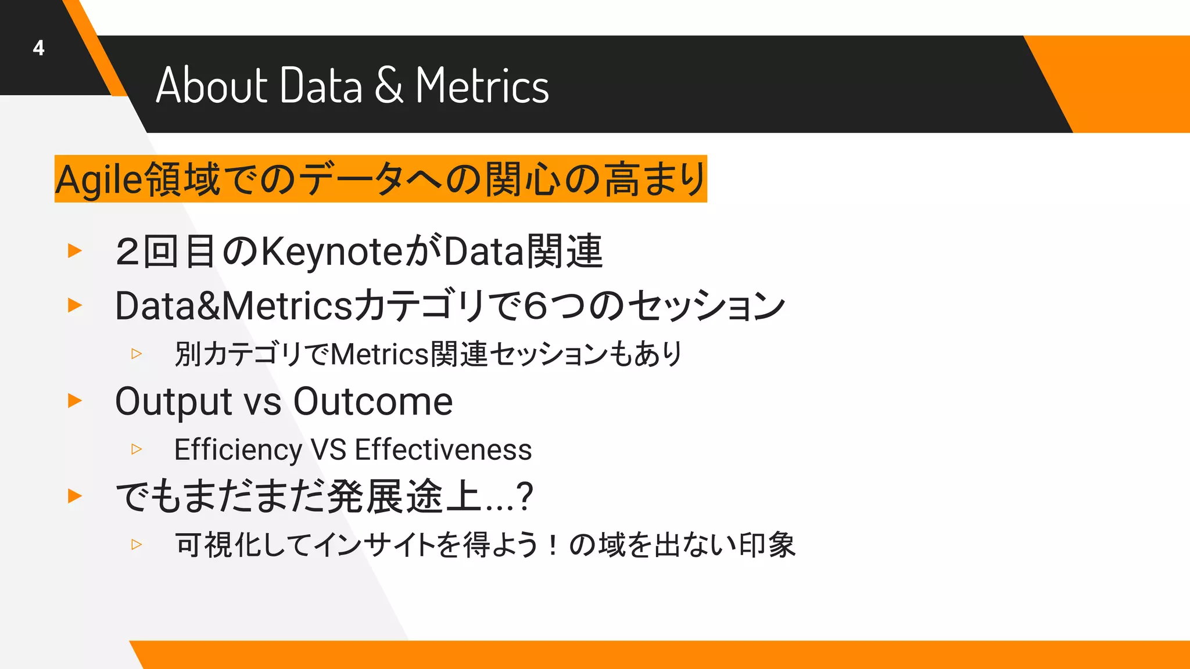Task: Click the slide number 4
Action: pyautogui.click(x=39, y=48)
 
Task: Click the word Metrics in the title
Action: pyautogui.click(x=482, y=85)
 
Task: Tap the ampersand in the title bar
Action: pyautogui.click(x=388, y=85)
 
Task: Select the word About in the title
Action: pyautogui.click(x=212, y=85)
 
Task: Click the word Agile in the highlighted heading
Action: pyautogui.click(x=99, y=179)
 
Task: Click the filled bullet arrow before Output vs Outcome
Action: pyautogui.click(x=75, y=401)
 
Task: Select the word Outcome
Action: pyautogui.click(x=372, y=401)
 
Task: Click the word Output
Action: pyautogui.click(x=174, y=402)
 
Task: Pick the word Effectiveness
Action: pyautogui.click(x=443, y=449)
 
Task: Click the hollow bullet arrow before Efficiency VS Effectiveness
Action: pyautogui.click(x=137, y=449)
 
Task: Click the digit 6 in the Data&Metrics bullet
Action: pyautogui.click(x=535, y=306)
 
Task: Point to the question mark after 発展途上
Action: pyautogui.click(x=525, y=497)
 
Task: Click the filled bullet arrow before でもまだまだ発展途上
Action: pyautogui.click(x=75, y=496)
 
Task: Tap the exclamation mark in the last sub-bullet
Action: pyautogui.click(x=553, y=545)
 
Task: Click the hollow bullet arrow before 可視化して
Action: pyautogui.click(x=137, y=545)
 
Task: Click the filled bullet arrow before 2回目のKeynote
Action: pyautogui.click(x=75, y=251)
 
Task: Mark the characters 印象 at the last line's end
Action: pyautogui.click(x=767, y=545)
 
